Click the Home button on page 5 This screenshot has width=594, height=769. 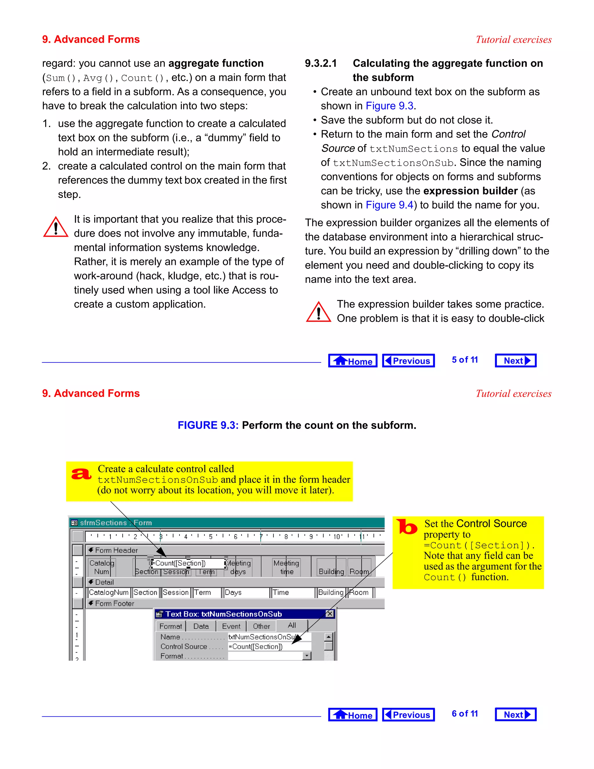click(353, 360)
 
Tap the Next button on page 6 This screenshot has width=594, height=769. click(515, 714)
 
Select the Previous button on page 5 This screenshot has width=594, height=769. click(408, 360)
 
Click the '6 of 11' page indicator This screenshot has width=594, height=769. click(465, 714)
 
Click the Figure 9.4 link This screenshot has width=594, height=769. click(389, 205)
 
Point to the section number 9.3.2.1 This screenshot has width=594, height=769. click(320, 63)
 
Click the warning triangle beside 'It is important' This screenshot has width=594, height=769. click(56, 227)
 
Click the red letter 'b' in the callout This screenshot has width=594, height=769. click(407, 527)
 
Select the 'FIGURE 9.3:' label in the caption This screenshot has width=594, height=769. click(208, 425)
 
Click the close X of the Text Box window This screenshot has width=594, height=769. click(330, 614)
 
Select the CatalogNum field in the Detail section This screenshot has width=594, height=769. click(108, 593)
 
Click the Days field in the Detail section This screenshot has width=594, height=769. click(246, 593)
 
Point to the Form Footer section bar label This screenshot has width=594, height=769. click(114, 604)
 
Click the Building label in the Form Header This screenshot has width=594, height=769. click(331, 571)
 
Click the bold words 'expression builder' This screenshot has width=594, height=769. click(470, 191)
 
